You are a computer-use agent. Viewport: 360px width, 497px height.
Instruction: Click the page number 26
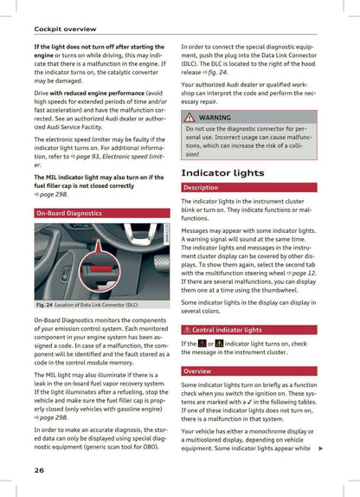click(x=39, y=470)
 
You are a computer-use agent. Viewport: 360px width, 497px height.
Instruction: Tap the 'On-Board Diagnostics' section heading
click(x=69, y=212)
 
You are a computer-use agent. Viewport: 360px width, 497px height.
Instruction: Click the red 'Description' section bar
click(x=201, y=188)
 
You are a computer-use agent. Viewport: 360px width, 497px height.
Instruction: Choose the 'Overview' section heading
click(x=197, y=371)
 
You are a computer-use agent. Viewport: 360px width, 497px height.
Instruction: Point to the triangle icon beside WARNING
click(x=190, y=117)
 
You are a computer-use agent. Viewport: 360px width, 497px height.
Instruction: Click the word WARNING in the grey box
click(x=215, y=117)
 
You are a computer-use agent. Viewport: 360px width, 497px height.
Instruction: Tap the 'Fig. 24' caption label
click(x=45, y=305)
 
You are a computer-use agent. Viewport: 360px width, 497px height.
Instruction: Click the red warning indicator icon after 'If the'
click(x=202, y=345)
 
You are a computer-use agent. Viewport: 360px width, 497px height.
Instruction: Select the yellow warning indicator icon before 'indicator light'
click(x=221, y=345)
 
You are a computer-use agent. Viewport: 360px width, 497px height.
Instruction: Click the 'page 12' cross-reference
click(x=304, y=272)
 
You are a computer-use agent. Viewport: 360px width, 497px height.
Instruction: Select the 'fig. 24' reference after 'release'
click(x=217, y=72)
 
